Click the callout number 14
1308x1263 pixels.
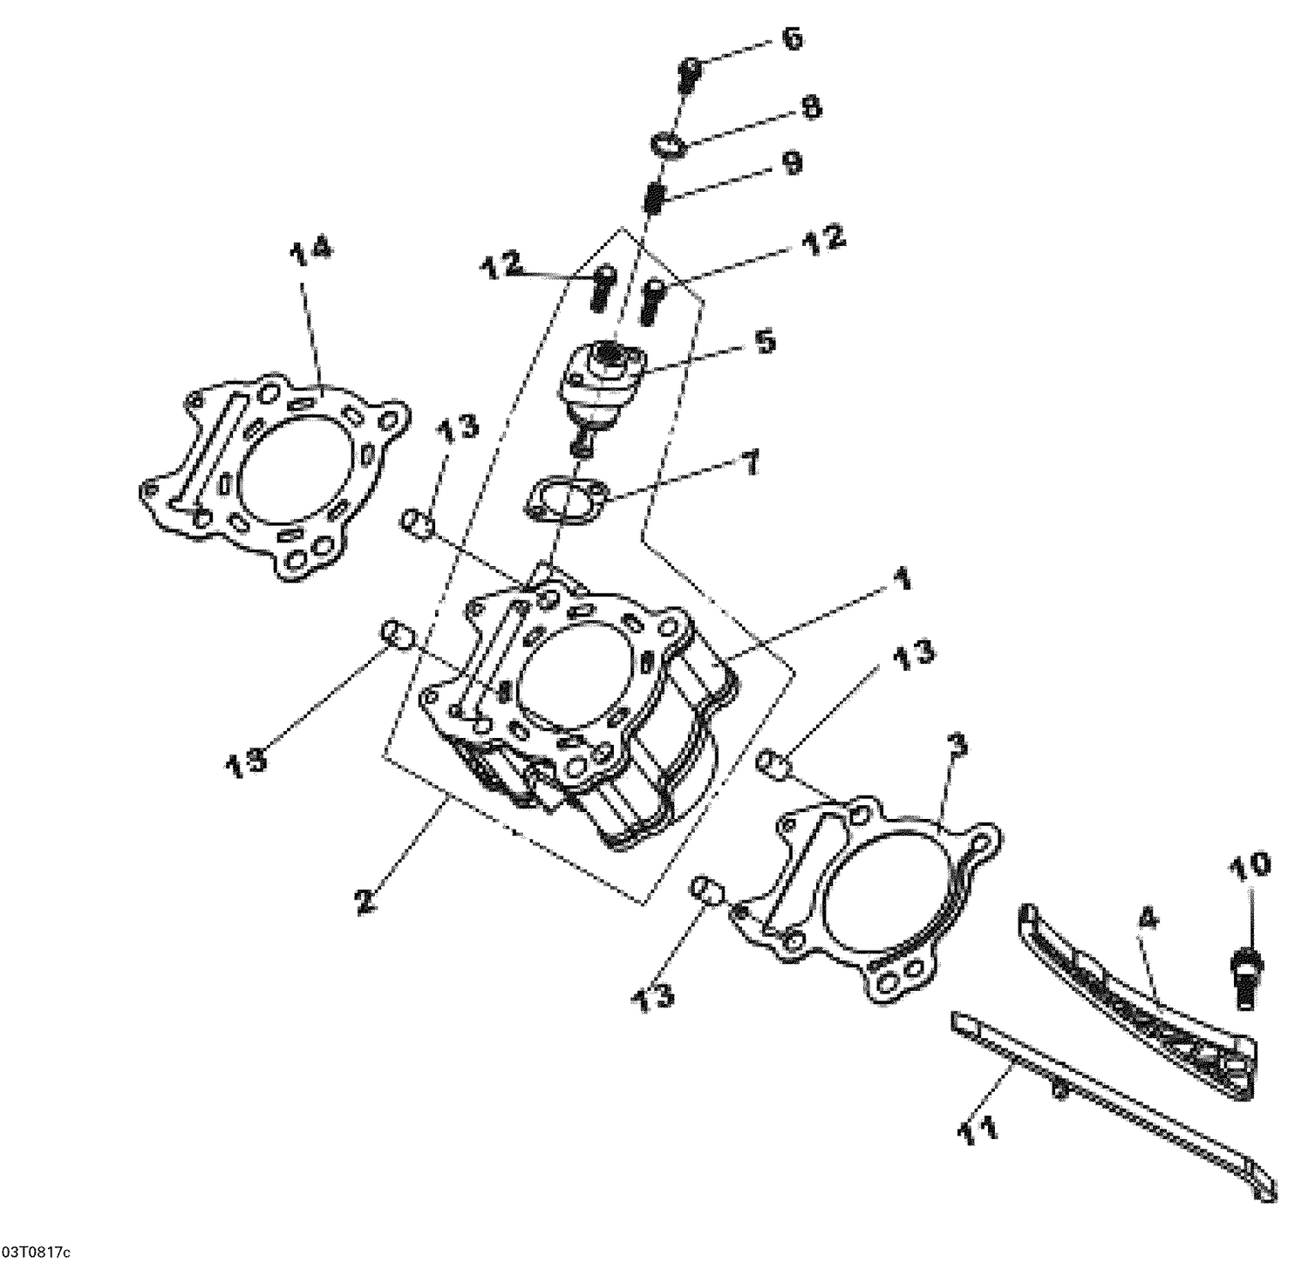[x=310, y=250]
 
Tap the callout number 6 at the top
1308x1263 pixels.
[x=791, y=40]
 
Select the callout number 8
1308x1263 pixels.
[x=810, y=108]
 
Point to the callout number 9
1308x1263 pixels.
[x=793, y=164]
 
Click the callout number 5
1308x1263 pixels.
[x=764, y=341]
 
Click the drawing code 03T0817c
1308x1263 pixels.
[x=35, y=1253]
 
